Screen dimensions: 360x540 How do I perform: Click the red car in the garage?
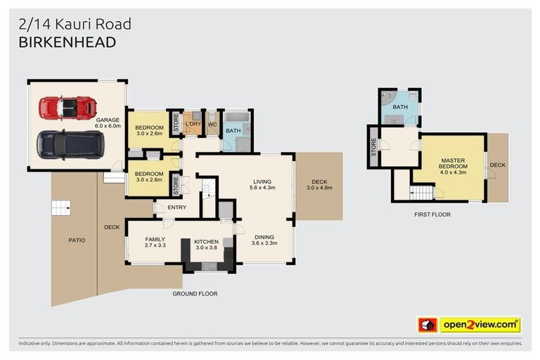coord(67,108)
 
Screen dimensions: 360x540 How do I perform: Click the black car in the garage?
coord(70,144)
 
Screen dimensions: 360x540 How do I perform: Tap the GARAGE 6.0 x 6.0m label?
coord(108,124)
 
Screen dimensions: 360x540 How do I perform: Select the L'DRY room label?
coord(193,124)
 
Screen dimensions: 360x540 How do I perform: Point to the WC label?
coord(212,124)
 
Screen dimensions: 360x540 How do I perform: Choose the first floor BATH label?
coord(400,107)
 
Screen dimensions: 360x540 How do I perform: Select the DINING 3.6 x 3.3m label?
coord(264,240)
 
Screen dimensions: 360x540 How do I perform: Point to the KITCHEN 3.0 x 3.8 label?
coord(206,245)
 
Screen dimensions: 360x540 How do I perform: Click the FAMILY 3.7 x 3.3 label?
coord(155,242)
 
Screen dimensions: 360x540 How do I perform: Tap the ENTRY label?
coord(176,207)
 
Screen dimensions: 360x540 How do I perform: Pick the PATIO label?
coord(77,240)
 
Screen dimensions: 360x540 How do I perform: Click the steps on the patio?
coord(61,207)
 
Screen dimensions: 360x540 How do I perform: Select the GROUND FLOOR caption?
coord(195,293)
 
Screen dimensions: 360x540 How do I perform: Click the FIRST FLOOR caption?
coord(432,214)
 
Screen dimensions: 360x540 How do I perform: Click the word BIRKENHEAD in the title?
coord(67,43)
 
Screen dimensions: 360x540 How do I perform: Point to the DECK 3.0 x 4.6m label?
coord(319,184)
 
